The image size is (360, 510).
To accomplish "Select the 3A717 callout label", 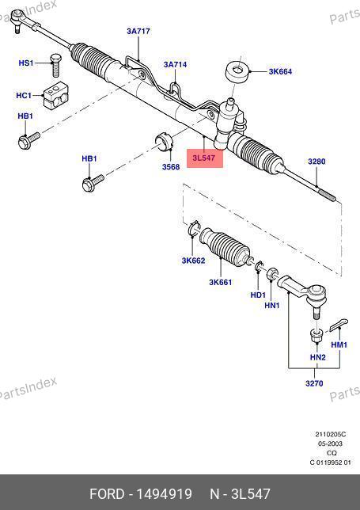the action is [138, 31].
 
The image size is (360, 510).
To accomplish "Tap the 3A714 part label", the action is [175, 65].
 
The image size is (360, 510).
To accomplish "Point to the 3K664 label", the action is [280, 71].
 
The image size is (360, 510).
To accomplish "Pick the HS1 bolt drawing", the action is [55, 66].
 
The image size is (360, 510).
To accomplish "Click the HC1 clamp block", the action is [55, 96].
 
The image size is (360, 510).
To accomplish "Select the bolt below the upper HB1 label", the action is [29, 140].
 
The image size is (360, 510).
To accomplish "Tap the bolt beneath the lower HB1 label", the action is [93, 183].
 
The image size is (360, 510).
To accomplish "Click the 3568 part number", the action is [171, 167].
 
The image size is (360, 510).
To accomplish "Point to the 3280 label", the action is [316, 162].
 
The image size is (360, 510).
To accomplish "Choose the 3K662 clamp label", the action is [193, 261].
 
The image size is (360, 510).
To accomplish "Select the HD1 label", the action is [258, 295].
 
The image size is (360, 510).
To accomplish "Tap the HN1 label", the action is [272, 306].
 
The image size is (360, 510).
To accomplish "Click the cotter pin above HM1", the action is [339, 325].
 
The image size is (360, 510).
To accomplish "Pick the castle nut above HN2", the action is [315, 336].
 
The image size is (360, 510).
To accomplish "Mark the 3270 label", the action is [315, 383].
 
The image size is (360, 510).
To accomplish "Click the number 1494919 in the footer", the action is [164, 494].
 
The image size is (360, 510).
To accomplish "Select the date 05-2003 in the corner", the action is [330, 443].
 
